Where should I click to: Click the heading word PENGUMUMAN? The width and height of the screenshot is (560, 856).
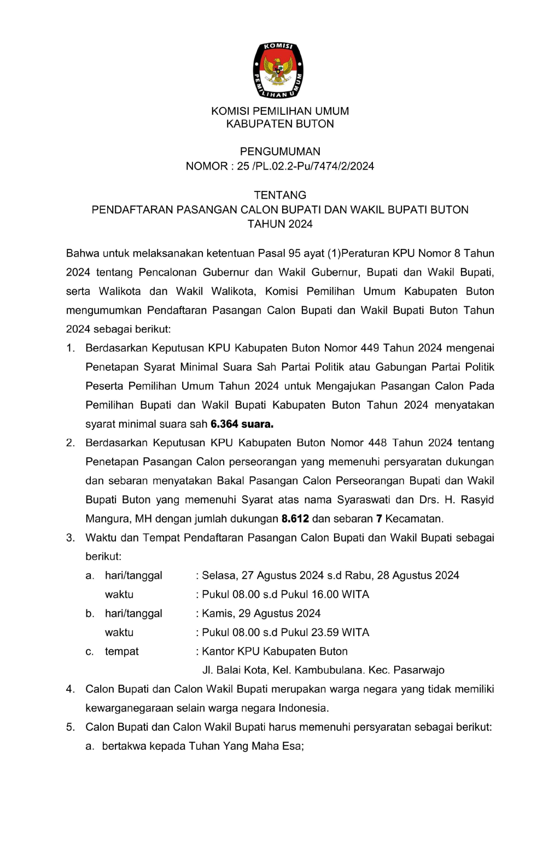[280, 152]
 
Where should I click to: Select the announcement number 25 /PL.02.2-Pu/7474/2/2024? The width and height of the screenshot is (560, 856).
[306, 166]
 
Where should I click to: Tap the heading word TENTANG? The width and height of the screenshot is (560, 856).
[280, 195]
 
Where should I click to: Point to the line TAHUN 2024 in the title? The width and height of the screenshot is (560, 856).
[280, 224]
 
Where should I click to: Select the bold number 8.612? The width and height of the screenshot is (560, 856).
[295, 519]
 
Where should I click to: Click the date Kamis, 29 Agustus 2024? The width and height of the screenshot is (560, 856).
[261, 614]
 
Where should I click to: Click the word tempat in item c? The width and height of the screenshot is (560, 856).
[121, 651]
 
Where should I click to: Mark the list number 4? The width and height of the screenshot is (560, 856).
[70, 690]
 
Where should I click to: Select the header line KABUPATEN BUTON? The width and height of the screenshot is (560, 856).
[280, 124]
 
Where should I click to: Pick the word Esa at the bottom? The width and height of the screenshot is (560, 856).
[291, 747]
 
